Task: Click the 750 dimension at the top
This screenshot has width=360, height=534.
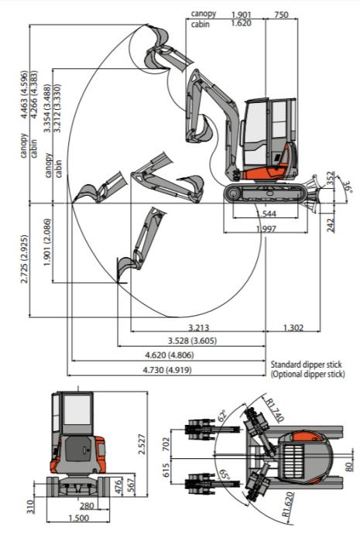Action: click(x=281, y=15)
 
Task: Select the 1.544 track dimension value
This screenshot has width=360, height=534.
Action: click(x=266, y=214)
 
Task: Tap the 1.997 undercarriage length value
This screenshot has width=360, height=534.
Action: click(x=266, y=228)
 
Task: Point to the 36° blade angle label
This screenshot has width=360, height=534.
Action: click(x=348, y=188)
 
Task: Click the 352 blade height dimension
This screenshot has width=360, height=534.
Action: click(x=331, y=179)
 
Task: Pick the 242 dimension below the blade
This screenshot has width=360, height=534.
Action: click(x=331, y=225)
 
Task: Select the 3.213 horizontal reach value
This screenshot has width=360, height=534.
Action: click(x=198, y=327)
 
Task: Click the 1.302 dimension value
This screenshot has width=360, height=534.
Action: click(x=293, y=327)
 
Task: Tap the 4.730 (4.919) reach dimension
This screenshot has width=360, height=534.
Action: click(x=167, y=369)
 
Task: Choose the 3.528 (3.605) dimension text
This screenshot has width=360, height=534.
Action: click(x=193, y=341)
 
